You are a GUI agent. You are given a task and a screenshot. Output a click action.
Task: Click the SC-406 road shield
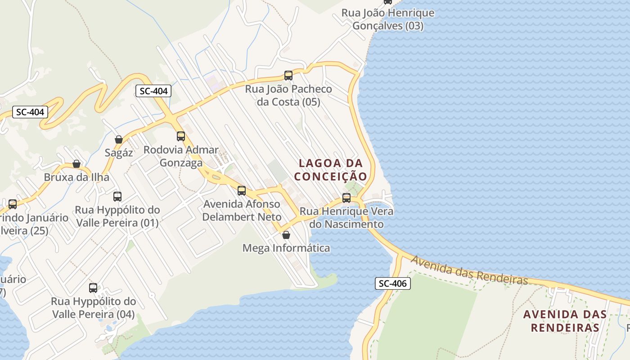point(393,283)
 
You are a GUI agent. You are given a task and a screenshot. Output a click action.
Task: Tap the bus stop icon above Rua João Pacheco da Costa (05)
point(288,76)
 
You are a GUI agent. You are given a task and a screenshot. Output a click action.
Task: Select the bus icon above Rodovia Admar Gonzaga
point(181,136)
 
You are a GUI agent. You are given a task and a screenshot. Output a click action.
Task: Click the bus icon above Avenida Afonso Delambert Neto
point(242,191)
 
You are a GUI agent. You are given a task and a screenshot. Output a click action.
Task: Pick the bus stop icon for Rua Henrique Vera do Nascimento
point(346,198)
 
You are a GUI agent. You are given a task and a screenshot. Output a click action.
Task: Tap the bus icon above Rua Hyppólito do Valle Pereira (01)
point(117,197)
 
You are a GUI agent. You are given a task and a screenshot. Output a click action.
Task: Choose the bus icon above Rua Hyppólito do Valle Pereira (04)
point(93,288)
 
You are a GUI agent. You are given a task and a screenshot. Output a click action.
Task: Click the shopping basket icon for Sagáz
point(119,139)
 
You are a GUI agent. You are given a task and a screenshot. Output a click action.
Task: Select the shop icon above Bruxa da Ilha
point(76,164)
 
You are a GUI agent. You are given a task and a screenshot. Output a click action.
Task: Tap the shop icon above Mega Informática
point(286,235)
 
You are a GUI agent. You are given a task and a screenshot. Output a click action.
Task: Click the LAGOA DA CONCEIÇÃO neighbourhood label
point(331,170)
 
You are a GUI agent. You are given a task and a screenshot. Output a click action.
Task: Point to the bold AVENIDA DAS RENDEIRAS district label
point(565,321)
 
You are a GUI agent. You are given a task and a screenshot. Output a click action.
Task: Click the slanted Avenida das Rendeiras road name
point(469,270)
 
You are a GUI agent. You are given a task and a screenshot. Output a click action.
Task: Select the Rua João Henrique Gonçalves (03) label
point(388,19)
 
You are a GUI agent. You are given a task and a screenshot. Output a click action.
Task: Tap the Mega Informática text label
point(286,248)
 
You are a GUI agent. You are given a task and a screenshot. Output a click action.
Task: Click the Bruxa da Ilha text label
point(76,177)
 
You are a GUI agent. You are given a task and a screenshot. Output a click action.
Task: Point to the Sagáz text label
point(119,153)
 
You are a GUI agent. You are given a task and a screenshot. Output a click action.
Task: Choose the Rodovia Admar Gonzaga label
point(181,156)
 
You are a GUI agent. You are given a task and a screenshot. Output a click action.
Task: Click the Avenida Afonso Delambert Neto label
point(242,211)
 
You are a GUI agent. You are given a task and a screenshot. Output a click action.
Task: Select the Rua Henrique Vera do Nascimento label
point(346,218)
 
